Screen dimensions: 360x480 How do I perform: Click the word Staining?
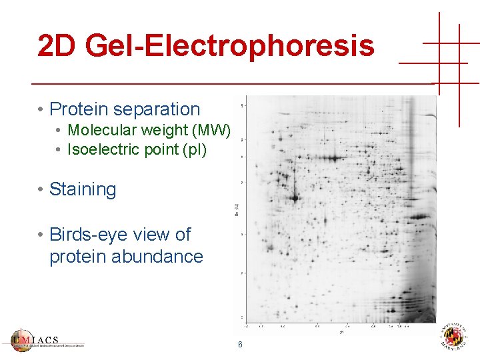tap(83, 189)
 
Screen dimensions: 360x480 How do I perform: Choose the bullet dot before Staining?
tap(41, 189)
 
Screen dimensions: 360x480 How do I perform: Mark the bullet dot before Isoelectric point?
tap(59, 149)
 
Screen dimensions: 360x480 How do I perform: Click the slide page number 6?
tap(240, 345)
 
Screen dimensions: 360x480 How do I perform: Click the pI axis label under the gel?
tap(341, 331)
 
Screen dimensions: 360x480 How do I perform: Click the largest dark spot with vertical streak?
tap(294, 197)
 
